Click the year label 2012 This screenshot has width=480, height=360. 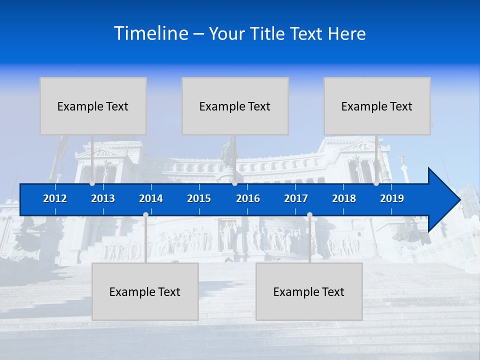(55, 198)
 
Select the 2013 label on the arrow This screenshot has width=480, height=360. (103, 198)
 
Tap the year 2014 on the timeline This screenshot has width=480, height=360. (151, 198)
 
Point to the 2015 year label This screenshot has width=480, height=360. (199, 198)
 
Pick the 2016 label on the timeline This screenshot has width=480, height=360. (248, 198)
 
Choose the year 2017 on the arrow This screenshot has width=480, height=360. (296, 198)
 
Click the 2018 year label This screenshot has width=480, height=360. (344, 198)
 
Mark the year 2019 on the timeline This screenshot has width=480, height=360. (392, 198)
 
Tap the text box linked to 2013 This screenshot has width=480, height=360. (93, 106)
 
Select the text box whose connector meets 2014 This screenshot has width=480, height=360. (145, 291)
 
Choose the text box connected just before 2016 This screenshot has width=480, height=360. (235, 106)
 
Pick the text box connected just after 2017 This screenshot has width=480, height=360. (309, 291)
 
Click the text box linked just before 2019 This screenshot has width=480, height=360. (377, 106)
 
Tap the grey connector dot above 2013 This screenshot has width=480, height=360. (92, 183)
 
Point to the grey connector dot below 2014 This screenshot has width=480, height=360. (145, 215)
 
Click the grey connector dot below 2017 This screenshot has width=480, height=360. (309, 215)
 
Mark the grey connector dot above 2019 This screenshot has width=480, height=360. (376, 183)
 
